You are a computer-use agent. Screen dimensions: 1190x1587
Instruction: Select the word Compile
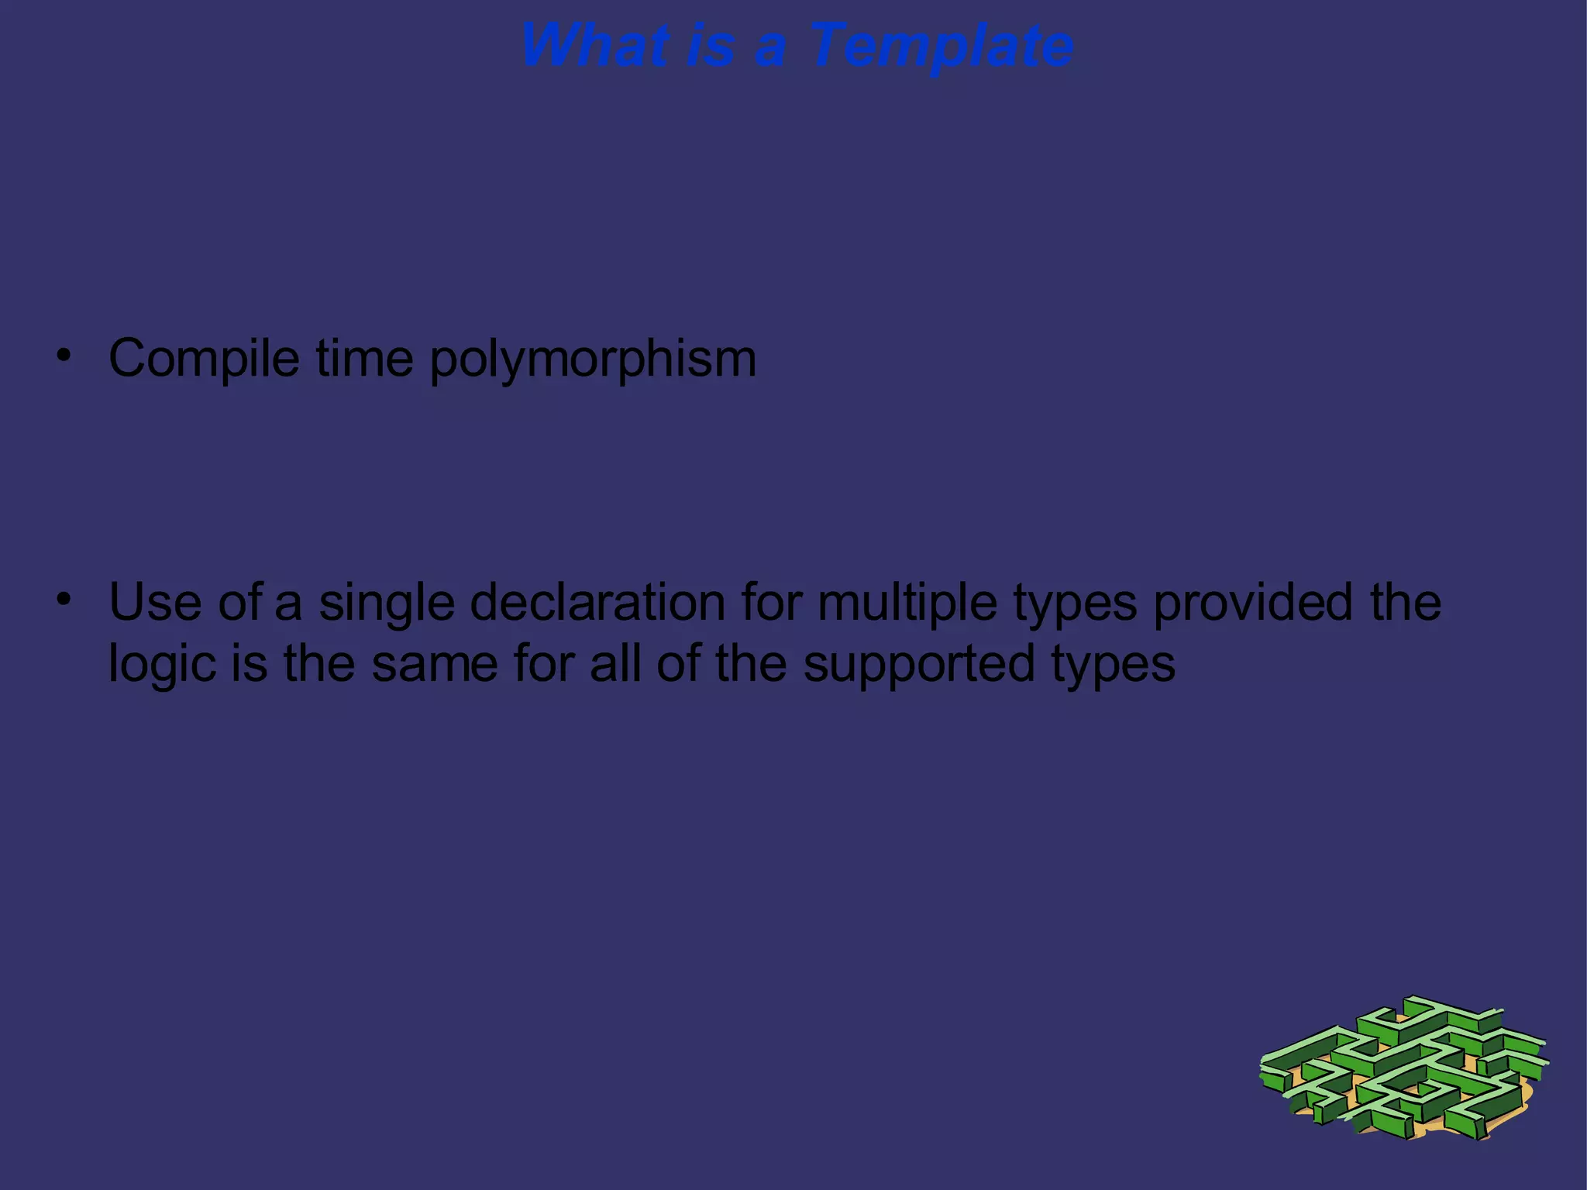tap(204, 359)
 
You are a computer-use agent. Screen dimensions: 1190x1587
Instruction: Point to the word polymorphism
tap(593, 360)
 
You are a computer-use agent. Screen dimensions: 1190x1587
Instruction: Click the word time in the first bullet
tap(364, 359)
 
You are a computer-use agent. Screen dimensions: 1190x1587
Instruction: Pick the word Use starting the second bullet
tap(155, 602)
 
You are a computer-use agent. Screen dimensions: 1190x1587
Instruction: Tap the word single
tap(386, 604)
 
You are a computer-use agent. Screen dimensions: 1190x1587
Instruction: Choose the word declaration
tap(597, 602)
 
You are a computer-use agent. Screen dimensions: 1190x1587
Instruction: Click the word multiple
tap(907, 604)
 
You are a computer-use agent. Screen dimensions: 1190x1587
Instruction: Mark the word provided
tap(1252, 602)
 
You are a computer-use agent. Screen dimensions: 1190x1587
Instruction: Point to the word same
tap(434, 664)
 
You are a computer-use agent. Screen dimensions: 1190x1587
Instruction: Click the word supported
tap(918, 666)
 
